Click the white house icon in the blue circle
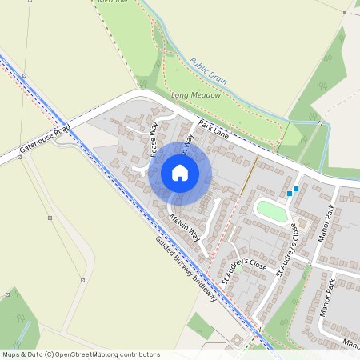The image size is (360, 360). (x=180, y=173)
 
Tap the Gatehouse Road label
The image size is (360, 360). (x=46, y=138)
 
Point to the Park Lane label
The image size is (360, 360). (x=214, y=130)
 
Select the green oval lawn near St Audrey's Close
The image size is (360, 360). (x=272, y=211)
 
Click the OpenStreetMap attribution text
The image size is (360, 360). (x=81, y=354)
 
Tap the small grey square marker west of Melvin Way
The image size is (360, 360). (x=50, y=217)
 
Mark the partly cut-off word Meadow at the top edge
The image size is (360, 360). (x=112, y=2)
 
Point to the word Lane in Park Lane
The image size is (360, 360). (x=221, y=134)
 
